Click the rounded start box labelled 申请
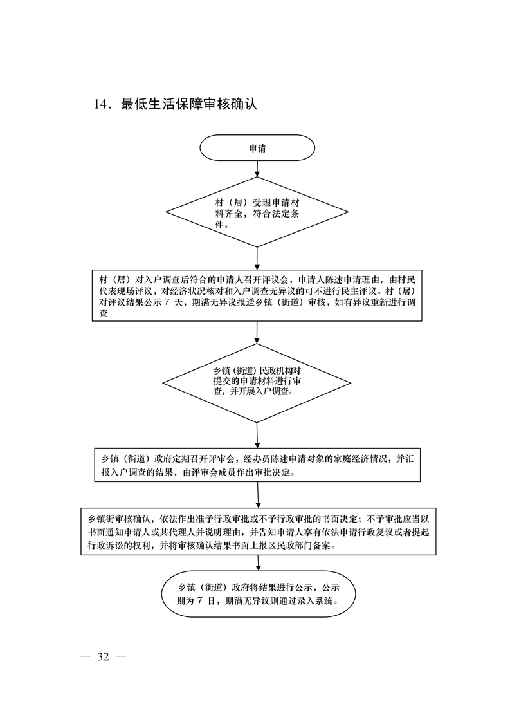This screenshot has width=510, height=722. tap(257, 148)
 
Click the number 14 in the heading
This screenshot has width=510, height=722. tap(101, 104)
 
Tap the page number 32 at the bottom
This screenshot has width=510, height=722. tap(103, 656)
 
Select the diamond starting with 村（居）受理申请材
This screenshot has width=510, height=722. tap(257, 212)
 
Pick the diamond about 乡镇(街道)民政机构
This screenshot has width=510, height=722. tap(257, 383)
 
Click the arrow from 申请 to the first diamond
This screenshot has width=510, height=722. tap(257, 169)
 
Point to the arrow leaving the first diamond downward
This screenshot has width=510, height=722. tap(257, 259)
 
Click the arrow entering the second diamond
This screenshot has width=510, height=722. tap(257, 333)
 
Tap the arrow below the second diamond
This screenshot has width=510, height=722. tap(257, 435)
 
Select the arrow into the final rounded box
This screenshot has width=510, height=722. tap(259, 564)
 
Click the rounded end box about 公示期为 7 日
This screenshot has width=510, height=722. tap(259, 594)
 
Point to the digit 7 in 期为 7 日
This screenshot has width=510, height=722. tap(199, 600)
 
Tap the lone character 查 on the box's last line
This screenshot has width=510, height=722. tap(104, 313)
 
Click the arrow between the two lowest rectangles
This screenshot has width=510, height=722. tap(258, 495)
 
